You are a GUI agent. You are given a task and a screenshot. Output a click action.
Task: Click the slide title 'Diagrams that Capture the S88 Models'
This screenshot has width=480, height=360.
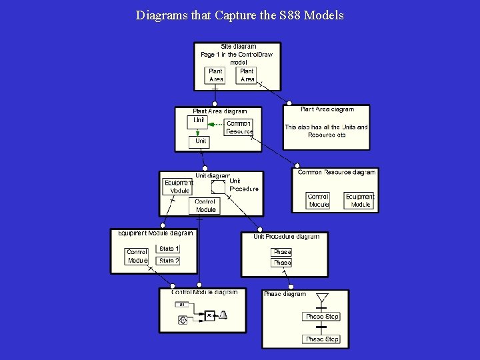[x=239, y=15]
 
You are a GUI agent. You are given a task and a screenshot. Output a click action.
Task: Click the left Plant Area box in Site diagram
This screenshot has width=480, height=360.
[x=215, y=75]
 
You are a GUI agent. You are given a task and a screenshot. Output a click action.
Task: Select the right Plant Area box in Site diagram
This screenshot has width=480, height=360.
[x=247, y=75]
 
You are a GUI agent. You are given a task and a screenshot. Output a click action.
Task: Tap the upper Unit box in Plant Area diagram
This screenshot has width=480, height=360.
[x=199, y=121]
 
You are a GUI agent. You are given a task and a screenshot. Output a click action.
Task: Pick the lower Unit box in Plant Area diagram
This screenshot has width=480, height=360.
[x=201, y=141]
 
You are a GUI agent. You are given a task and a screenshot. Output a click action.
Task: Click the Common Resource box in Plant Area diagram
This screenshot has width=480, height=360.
[x=239, y=127]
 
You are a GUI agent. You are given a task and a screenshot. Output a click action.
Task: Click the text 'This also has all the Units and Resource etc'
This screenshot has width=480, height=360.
[x=326, y=131]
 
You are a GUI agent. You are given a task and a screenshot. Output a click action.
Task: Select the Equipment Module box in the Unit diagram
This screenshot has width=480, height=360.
[x=178, y=186]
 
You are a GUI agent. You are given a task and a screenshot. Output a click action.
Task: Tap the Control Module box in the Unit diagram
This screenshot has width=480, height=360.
[x=205, y=205]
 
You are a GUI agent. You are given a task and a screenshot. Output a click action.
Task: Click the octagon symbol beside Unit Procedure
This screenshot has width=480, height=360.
[x=218, y=186]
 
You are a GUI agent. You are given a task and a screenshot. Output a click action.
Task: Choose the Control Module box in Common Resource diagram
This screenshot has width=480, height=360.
[x=318, y=201]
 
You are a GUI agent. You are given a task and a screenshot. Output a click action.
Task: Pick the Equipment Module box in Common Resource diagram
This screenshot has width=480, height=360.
[x=360, y=201]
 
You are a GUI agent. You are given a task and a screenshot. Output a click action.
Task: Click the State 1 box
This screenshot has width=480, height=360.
[x=169, y=249]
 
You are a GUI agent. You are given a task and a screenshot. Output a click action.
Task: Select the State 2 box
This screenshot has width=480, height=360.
[x=169, y=261]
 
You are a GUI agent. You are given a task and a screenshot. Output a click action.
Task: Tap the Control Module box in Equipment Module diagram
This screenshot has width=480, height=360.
[x=137, y=256]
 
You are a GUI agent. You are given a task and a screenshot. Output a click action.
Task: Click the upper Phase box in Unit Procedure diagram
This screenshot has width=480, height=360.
[x=281, y=252]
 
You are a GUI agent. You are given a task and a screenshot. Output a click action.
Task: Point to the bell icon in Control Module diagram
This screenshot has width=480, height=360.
[x=224, y=315]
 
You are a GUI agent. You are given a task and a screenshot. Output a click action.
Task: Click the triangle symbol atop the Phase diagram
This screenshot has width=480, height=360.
[x=323, y=297]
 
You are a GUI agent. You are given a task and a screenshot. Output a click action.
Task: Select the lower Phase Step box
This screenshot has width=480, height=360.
[x=322, y=339]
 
